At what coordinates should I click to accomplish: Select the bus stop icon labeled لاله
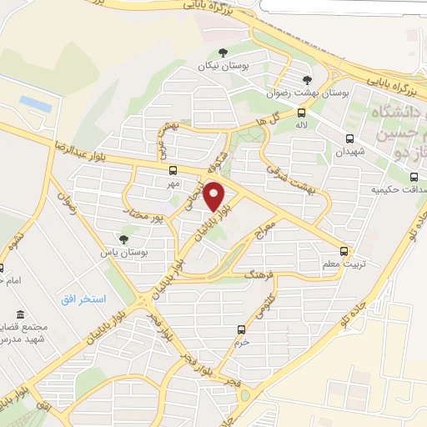pos(301,113)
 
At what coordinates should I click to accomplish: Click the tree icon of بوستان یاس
pos(124,239)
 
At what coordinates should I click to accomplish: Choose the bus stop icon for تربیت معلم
pos(344,251)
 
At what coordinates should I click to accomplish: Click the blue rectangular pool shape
pos(36,102)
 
